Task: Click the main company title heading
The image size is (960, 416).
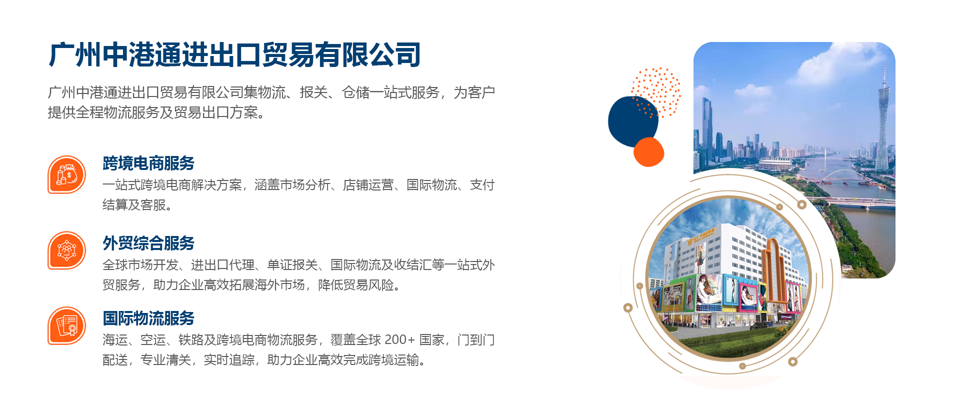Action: click(x=234, y=54)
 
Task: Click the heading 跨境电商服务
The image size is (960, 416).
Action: click(x=148, y=163)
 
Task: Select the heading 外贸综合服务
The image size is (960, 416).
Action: click(x=148, y=243)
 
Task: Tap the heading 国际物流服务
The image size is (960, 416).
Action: click(x=148, y=318)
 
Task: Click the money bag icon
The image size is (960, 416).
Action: click(x=67, y=174)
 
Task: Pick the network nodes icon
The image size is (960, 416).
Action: click(x=67, y=250)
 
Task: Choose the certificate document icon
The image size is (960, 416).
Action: click(x=67, y=325)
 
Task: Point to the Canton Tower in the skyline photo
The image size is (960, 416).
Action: click(x=883, y=120)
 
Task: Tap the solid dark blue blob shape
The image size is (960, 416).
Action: click(x=632, y=121)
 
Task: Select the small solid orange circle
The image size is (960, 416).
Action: click(x=648, y=152)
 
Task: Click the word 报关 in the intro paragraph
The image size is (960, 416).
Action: click(x=313, y=92)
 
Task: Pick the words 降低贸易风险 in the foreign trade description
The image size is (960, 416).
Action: click(x=356, y=285)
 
